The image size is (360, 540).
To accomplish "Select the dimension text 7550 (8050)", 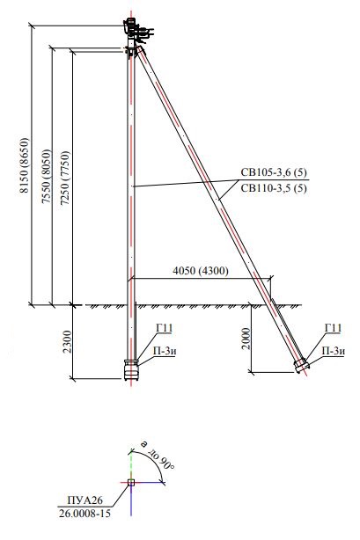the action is click(46, 176).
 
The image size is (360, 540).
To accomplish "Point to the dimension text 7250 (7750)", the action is click(64, 178).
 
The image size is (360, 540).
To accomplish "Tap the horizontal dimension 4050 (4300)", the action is click(201, 271).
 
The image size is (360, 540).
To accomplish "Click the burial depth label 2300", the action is click(68, 341).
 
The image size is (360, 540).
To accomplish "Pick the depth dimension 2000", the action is click(246, 339).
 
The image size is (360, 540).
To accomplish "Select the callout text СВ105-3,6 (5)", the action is click(274, 172).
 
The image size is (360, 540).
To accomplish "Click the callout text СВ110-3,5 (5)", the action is click(274, 188).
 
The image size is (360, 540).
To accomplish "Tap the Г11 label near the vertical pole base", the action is click(164, 328).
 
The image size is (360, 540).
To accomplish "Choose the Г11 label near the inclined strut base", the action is click(333, 328).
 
